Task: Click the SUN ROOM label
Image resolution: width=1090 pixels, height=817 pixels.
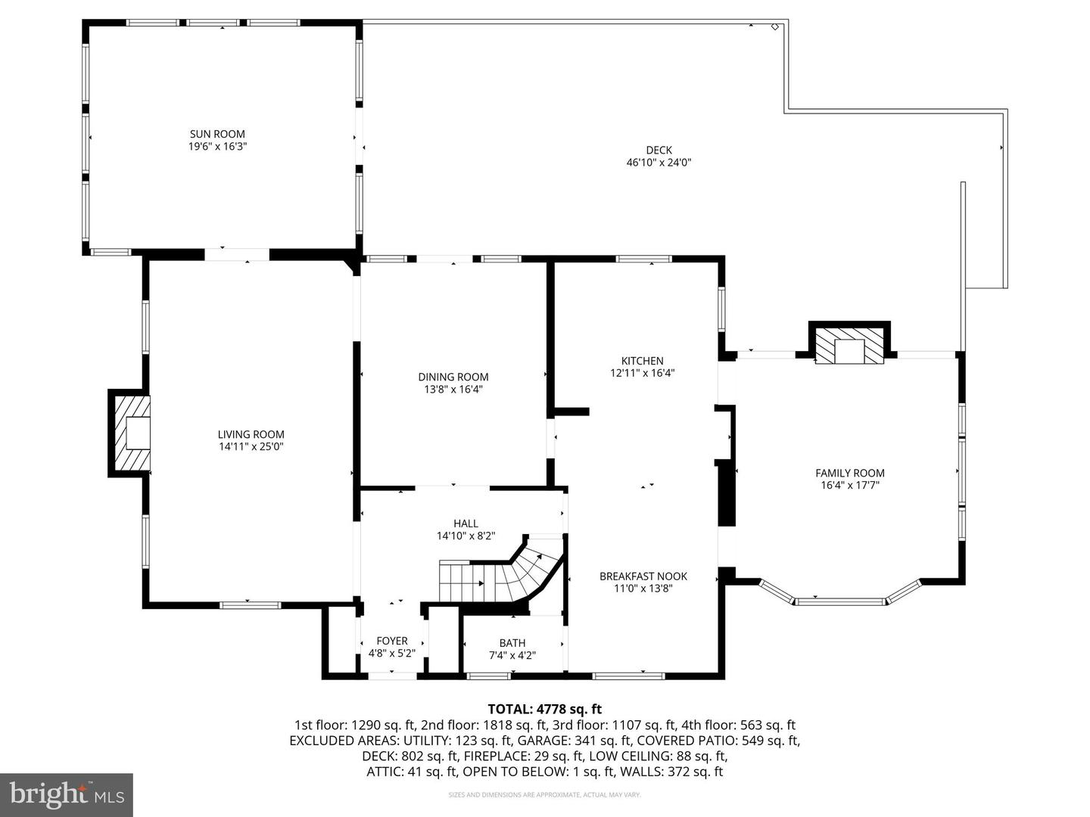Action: coord(217,134)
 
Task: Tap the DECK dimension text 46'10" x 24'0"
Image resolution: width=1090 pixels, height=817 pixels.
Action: coord(659,162)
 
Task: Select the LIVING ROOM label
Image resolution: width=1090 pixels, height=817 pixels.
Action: coord(251,434)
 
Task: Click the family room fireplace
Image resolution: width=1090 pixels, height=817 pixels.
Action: coord(849,346)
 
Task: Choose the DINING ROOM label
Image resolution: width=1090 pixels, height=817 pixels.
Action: coord(453,377)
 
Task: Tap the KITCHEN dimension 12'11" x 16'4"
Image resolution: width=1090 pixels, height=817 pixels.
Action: coord(642,373)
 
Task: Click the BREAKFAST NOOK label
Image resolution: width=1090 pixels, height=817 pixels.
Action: coord(643,576)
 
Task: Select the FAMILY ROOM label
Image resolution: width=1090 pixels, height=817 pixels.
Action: coord(849,473)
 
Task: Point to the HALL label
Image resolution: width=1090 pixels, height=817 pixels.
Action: coord(466,523)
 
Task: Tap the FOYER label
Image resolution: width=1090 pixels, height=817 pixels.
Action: coord(391,640)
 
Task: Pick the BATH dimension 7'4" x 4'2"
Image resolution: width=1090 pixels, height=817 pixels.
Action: coord(512,656)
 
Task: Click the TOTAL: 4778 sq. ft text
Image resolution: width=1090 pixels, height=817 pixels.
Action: coord(544,709)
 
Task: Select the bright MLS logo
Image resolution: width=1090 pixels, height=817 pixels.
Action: coord(67,794)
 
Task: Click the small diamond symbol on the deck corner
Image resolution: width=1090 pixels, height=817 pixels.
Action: coord(774,27)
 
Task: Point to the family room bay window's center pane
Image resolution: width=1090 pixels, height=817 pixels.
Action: coord(839,601)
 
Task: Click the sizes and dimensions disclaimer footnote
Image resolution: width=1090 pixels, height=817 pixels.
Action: coord(544,795)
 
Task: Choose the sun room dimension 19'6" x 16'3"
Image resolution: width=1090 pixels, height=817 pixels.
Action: coord(217,146)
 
